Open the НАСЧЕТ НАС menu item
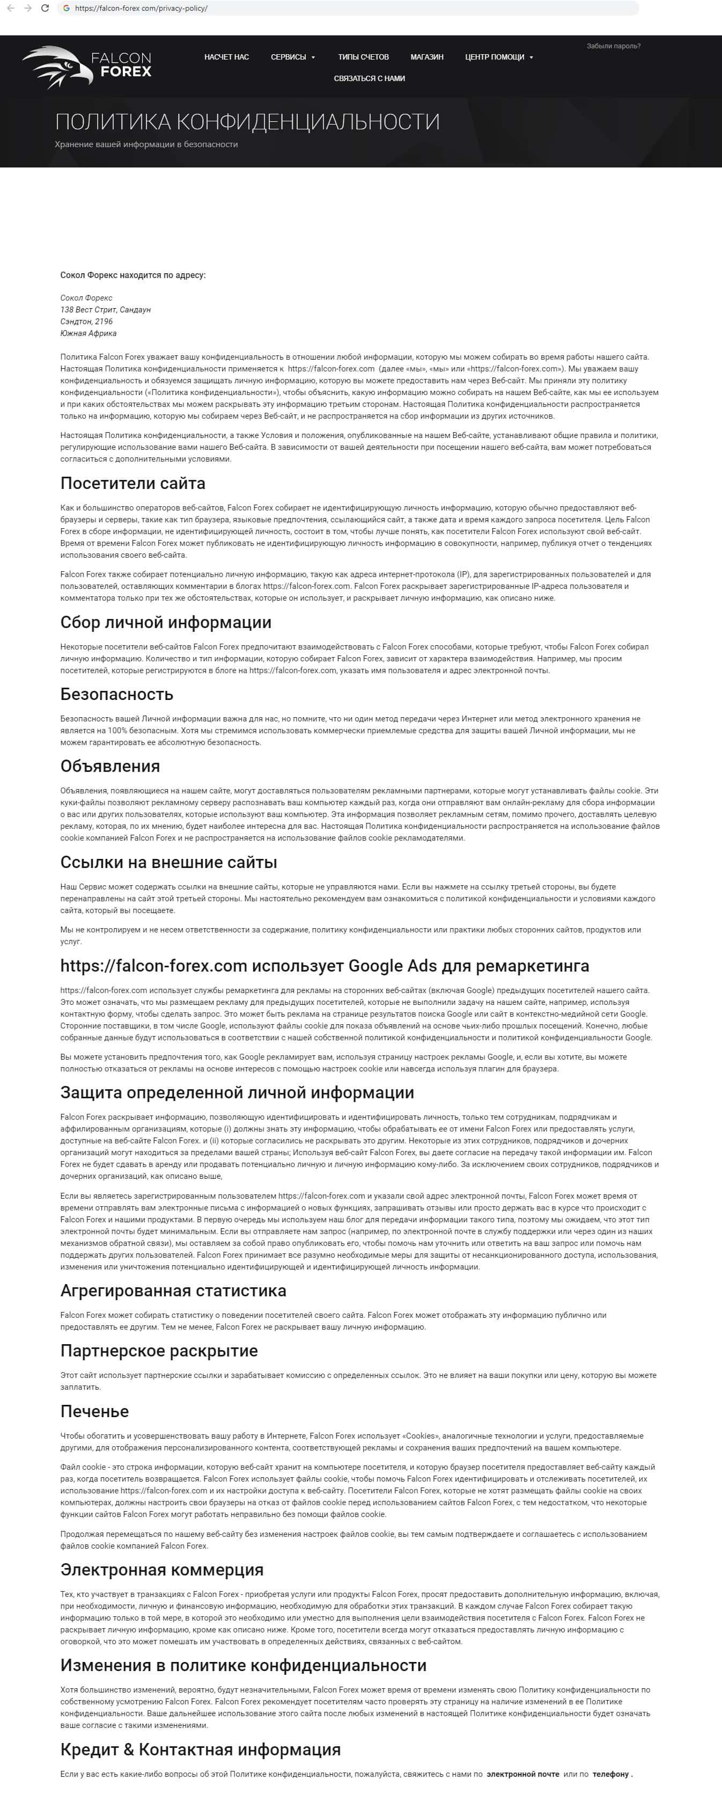226,57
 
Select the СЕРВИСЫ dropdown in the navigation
292,57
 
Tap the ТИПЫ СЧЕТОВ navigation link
364,57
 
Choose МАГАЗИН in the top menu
427,57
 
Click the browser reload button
45,9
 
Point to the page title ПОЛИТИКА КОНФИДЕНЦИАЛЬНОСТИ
247,122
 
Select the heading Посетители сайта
133,483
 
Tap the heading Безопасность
117,694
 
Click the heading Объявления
110,766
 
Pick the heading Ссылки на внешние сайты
168,862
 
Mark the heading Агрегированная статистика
173,1290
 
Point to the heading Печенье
95,1411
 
